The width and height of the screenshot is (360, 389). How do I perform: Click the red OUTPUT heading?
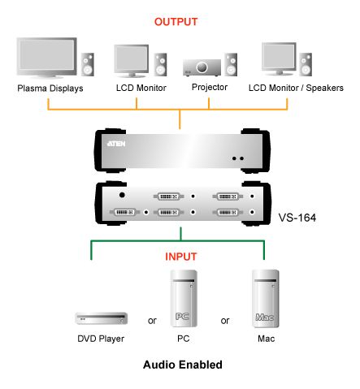coord(176,22)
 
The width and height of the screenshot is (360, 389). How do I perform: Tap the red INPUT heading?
coord(180,257)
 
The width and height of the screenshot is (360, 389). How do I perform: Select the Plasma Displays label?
coord(50,89)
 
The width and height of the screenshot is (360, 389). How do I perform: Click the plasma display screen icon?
coord(46,58)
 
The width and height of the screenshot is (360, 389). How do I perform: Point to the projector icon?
coord(202,67)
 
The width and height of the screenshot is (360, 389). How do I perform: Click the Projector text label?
coord(210,87)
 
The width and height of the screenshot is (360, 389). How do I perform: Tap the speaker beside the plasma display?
coord(88,64)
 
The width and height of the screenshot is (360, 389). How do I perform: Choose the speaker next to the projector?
coord(231,64)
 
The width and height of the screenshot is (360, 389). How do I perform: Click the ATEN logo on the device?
coord(116,144)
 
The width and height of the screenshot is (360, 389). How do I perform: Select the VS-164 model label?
coord(297,218)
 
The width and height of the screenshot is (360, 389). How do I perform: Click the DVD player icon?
coord(102,318)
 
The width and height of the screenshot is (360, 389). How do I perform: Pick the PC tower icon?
coord(184,298)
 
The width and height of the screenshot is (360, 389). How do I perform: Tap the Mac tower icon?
coord(266,298)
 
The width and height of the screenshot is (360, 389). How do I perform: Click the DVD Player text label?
coord(101,339)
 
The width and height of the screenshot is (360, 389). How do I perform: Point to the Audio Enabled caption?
coord(183,365)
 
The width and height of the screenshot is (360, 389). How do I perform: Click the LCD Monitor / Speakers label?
coord(296,88)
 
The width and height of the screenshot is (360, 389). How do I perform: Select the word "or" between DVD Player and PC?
coord(152,321)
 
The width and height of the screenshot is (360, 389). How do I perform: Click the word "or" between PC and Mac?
coord(225,321)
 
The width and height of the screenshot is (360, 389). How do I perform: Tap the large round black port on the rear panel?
coord(122,195)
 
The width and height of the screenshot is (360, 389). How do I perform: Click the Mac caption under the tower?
coord(266,339)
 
